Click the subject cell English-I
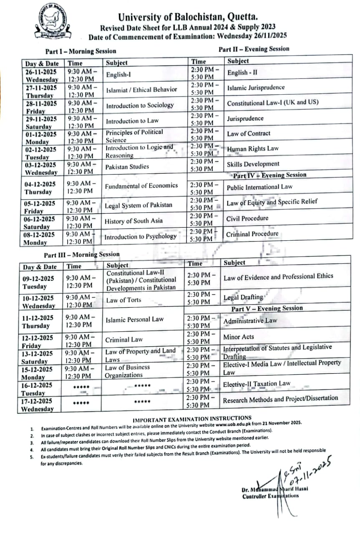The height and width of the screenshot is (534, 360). click(119, 75)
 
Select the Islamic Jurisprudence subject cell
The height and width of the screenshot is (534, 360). click(256, 88)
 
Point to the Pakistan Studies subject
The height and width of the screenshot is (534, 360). click(127, 166)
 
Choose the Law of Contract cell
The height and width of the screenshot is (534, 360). click(249, 133)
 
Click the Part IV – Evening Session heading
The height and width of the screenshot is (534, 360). click(269, 175)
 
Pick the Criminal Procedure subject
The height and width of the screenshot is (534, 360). click(252, 234)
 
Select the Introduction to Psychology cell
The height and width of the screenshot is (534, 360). click(141, 237)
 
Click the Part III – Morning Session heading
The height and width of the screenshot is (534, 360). click(82, 254)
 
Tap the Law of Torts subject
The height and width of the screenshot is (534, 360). click(123, 300)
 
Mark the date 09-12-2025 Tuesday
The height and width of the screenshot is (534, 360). click(38, 282)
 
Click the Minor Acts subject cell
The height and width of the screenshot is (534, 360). click(239, 337)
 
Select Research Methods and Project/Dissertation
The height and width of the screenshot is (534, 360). click(280, 399)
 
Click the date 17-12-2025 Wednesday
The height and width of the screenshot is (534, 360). click(38, 405)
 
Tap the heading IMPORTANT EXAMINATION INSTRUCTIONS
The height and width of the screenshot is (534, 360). click(192, 418)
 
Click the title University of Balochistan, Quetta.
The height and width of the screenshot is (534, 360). click(188, 17)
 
